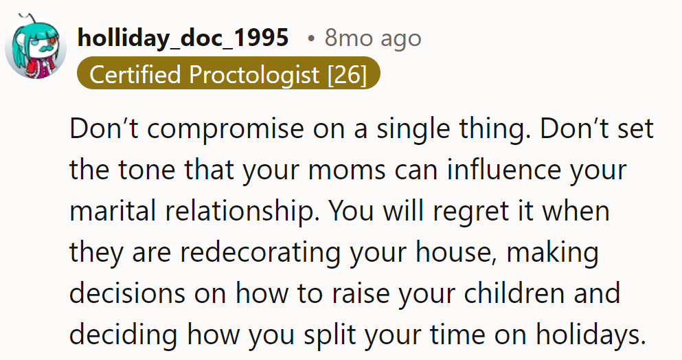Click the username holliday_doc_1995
tap(183, 38)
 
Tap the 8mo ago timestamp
tap(372, 38)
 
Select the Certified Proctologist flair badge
tap(227, 74)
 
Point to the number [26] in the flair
tap(348, 74)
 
